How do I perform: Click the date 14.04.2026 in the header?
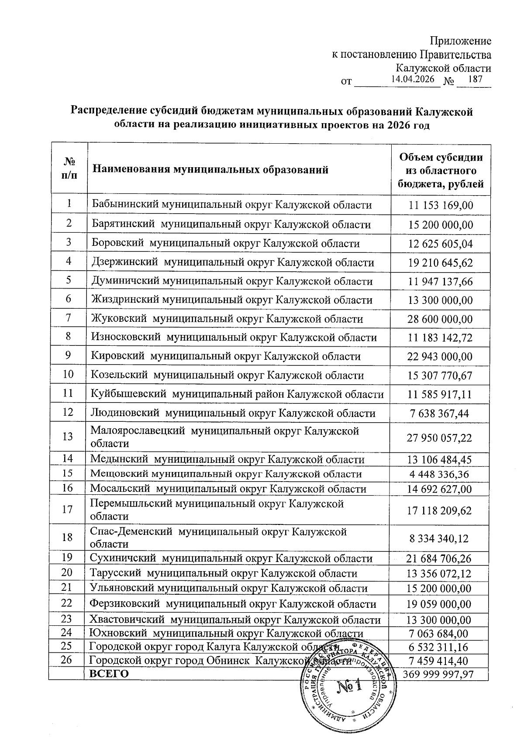[x=413, y=79]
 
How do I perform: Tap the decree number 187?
[x=474, y=79]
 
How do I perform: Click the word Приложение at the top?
[x=460, y=41]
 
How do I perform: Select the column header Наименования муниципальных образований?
[x=210, y=170]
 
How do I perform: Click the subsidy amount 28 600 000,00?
[x=440, y=319]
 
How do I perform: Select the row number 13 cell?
[x=68, y=436]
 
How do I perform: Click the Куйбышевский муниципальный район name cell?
[x=237, y=394]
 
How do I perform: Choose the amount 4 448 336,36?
[x=439, y=474]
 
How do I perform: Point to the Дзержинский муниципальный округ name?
[x=233, y=262]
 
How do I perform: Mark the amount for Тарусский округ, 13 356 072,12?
[x=439, y=573]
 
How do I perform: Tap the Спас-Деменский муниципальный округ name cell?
[x=218, y=538]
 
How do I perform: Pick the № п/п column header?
[x=69, y=170]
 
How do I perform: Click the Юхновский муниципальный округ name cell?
[x=226, y=633]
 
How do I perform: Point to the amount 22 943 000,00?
[x=440, y=357]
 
